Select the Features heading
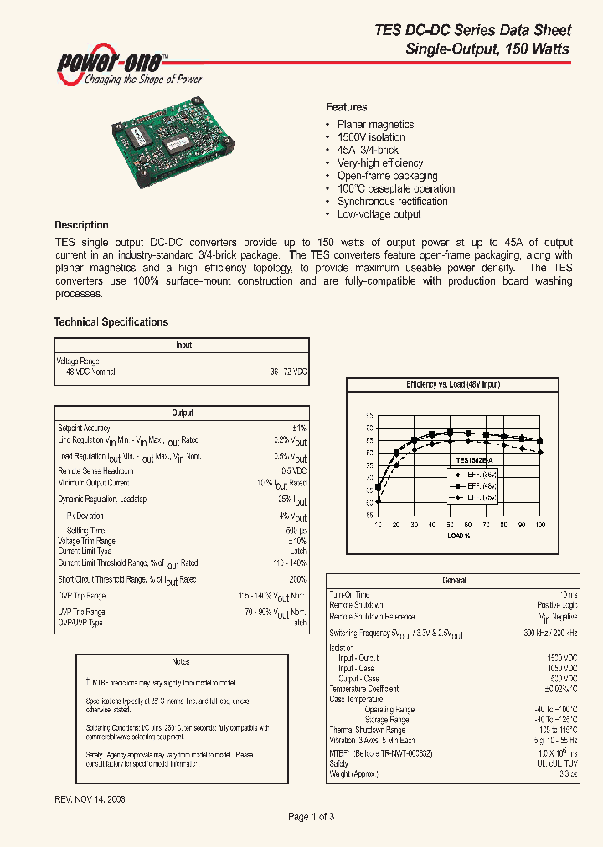346,107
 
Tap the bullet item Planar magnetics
374,125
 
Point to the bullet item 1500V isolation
370,137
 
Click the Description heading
81,225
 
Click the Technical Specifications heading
111,322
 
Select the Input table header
183,345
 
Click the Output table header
183,413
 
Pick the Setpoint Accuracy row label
84,429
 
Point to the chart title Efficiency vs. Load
452,384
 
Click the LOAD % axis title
458,536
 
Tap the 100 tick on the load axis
540,525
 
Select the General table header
453,580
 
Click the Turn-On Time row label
351,594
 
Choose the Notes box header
181,661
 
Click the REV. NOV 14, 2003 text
90,799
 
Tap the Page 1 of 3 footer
311,817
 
